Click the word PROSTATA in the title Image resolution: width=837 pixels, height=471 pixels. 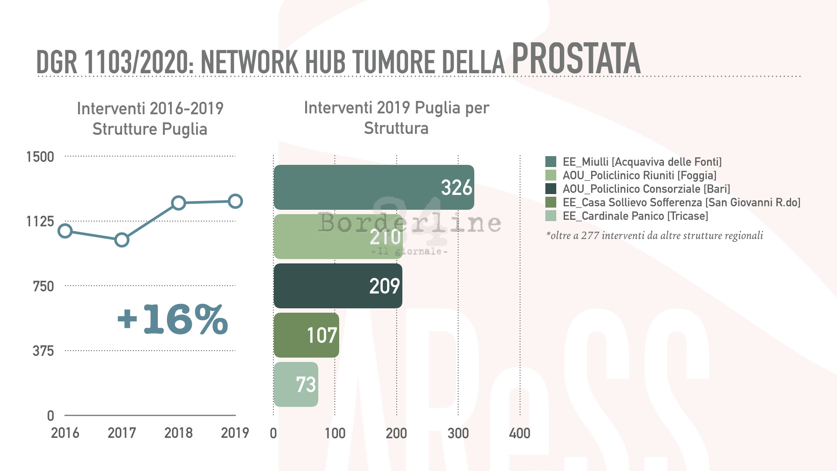(576, 59)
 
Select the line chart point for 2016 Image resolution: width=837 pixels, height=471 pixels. (65, 231)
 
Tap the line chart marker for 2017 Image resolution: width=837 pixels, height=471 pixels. (122, 240)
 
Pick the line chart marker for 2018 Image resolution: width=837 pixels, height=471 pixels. (178, 203)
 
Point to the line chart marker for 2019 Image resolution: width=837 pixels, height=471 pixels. (235, 201)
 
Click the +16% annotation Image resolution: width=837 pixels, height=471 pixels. (173, 319)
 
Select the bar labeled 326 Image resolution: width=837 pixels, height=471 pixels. (374, 187)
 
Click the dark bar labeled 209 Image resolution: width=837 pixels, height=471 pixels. (338, 286)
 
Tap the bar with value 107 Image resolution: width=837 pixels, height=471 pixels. (306, 335)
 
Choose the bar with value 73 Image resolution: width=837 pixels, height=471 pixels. (296, 384)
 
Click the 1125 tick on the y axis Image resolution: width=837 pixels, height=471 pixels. (40, 222)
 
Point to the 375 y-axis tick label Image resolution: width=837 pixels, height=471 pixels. (43, 351)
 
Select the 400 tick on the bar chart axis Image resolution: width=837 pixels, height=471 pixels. (520, 433)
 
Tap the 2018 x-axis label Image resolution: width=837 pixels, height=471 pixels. (178, 433)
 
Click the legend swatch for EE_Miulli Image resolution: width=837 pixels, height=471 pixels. (551, 162)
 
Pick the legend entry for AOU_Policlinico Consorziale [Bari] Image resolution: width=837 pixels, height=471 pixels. (646, 189)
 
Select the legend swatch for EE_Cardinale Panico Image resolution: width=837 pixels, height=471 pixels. (551, 216)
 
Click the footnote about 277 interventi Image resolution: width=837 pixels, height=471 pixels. (654, 235)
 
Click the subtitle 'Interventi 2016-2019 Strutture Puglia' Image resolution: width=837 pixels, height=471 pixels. (150, 119)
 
